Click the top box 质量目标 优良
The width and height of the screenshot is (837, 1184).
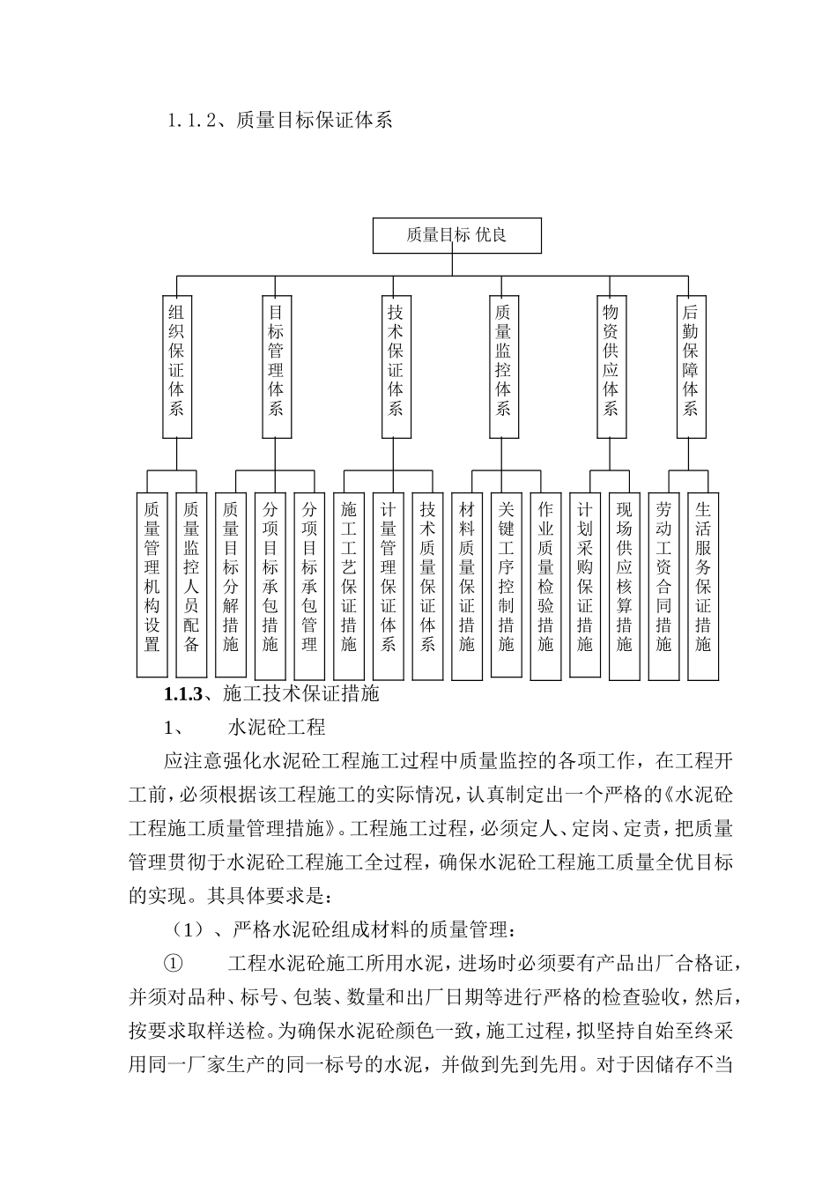click(456, 235)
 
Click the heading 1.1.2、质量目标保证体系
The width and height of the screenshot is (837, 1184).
click(279, 121)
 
